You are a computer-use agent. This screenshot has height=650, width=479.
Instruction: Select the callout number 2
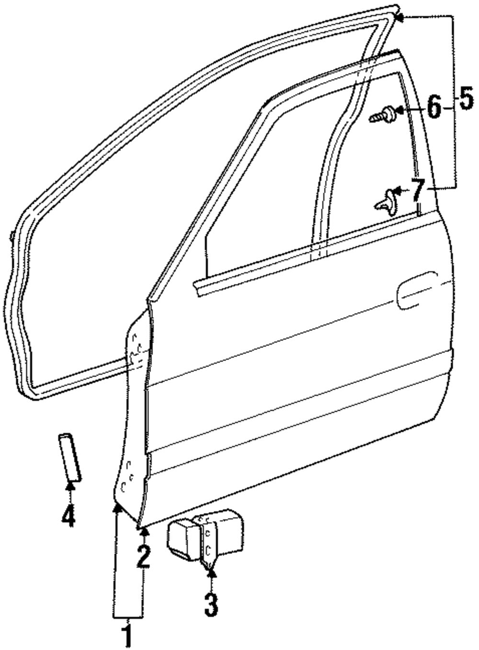tap(143, 557)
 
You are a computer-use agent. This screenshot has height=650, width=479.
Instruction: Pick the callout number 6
tap(433, 107)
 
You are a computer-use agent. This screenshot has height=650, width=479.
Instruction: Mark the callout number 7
tap(418, 190)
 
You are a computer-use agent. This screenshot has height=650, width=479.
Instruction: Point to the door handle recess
tap(417, 290)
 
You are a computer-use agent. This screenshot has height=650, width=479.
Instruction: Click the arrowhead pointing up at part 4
tap(70, 486)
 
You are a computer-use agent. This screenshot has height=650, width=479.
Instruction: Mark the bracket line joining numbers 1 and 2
tap(128, 616)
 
